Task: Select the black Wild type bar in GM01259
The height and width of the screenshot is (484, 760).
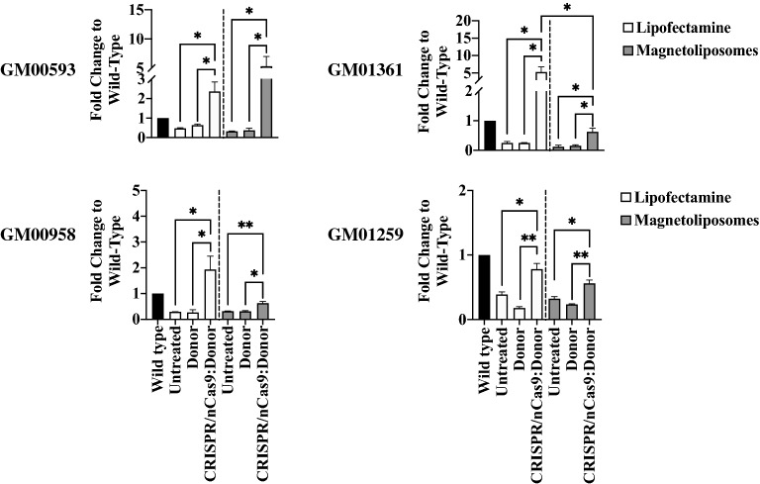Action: [484, 287]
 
